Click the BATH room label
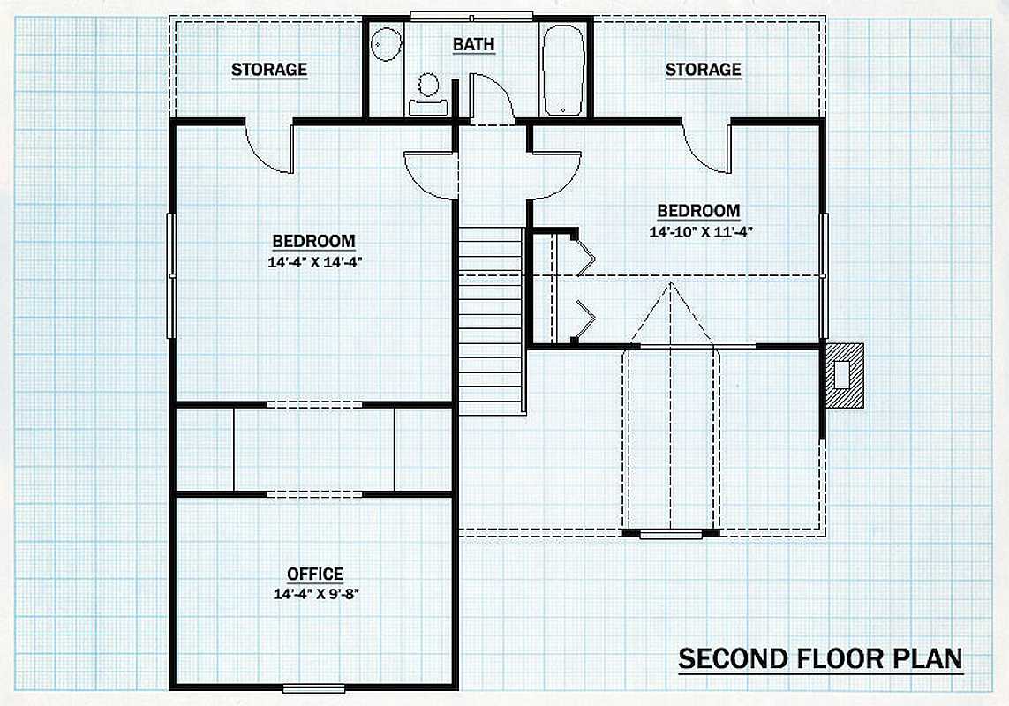point(474,44)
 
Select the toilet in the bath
point(428,94)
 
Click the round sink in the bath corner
point(386,44)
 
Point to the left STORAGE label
point(269,70)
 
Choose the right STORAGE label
point(703,70)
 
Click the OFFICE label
point(315,574)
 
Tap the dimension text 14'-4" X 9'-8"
point(315,593)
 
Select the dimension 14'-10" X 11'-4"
point(698,232)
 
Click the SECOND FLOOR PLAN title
point(820,658)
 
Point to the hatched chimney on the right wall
point(844,375)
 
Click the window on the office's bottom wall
point(314,688)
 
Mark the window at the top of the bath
point(471,17)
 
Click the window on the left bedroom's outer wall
point(171,275)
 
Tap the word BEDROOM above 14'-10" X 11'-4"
point(698,210)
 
